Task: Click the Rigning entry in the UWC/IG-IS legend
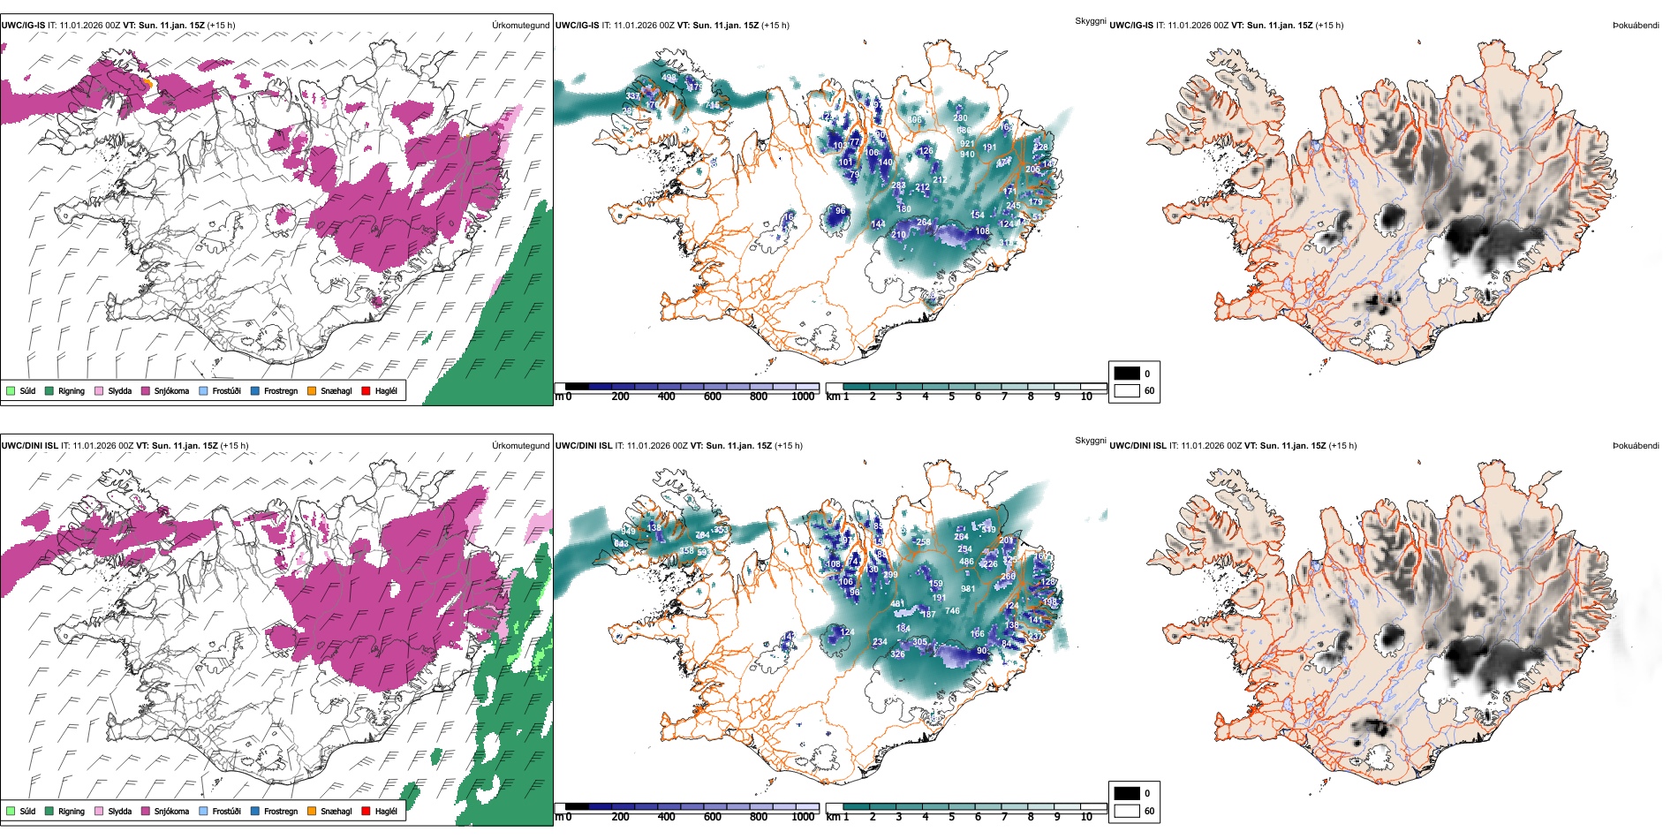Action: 71,390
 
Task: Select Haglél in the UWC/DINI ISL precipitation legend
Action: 385,811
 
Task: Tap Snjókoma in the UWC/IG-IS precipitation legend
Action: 170,390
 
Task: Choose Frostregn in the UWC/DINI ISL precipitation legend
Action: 280,811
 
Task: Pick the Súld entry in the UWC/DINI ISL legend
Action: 27,811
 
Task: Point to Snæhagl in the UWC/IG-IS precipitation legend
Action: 336,390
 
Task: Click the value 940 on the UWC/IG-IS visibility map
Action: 967,155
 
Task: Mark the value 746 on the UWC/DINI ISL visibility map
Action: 952,610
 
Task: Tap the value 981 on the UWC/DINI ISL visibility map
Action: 968,589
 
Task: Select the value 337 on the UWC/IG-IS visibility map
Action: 632,96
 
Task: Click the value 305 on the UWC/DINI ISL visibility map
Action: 919,642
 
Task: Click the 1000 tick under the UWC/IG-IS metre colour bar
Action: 803,397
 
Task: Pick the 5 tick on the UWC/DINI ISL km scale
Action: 951,817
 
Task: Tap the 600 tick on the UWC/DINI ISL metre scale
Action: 712,817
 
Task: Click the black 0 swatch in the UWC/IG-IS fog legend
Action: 1126,374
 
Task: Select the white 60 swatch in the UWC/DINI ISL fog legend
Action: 1126,811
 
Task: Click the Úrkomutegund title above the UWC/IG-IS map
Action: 520,26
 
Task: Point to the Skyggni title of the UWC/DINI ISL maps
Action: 1090,441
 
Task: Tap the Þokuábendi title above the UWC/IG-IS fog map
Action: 1636,26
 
